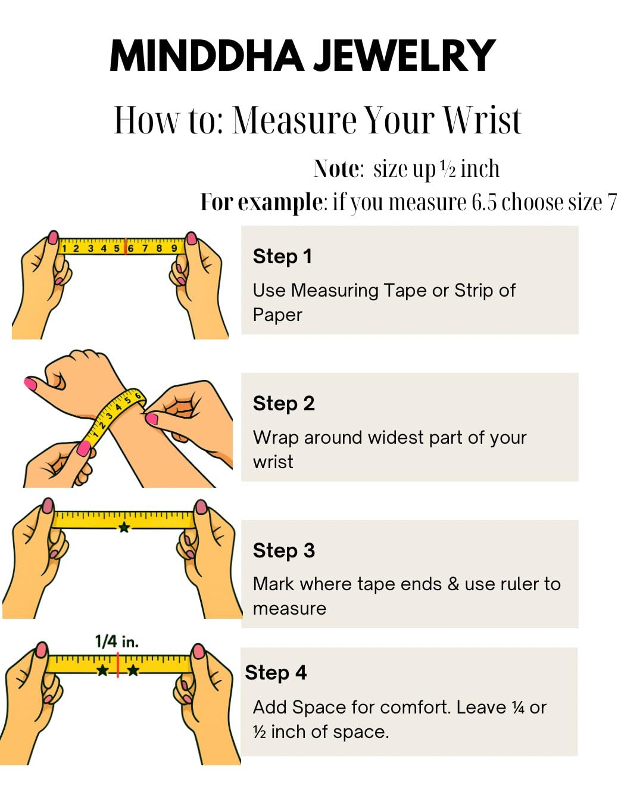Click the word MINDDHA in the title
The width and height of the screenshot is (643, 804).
[x=207, y=56]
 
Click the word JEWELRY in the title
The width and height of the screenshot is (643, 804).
[x=405, y=56]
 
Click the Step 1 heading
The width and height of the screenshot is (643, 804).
[x=282, y=256]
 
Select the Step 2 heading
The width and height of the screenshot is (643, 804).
[x=283, y=404]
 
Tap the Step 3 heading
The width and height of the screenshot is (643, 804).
[x=283, y=551]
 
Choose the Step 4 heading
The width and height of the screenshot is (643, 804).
[x=276, y=673]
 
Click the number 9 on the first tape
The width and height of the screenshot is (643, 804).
[x=174, y=248]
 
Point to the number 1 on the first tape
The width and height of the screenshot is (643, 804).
[x=64, y=249]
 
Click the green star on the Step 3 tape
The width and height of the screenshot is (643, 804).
[x=124, y=528]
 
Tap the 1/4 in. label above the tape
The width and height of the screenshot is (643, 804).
[x=117, y=641]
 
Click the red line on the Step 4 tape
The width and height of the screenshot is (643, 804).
[x=118, y=665]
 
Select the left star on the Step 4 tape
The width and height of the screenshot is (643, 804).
[x=103, y=670]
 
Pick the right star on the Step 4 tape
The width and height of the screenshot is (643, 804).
[x=133, y=670]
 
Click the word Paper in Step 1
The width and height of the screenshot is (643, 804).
[x=277, y=315]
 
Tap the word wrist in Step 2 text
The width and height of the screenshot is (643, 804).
[x=273, y=462]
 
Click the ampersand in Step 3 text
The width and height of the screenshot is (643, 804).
[x=453, y=584]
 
